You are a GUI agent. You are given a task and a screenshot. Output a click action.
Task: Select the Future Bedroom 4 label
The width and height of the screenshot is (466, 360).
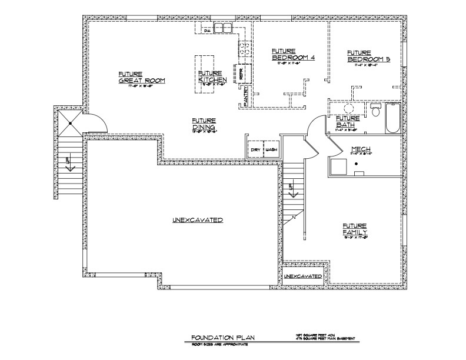pos(294,55)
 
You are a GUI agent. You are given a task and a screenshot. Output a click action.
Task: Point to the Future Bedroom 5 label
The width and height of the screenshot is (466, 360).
pos(369,56)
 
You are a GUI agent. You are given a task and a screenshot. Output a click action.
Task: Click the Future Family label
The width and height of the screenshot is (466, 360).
pos(355,229)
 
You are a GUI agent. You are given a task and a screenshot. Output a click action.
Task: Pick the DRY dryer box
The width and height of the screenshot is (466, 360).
pos(255,149)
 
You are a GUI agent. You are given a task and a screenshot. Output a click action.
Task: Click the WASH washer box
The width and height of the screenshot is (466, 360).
pos(271,149)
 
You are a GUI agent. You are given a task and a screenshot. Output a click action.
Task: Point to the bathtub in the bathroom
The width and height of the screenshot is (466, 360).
pos(392,118)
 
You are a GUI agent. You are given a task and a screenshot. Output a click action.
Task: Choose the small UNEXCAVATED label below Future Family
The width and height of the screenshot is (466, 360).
pos(303,276)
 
